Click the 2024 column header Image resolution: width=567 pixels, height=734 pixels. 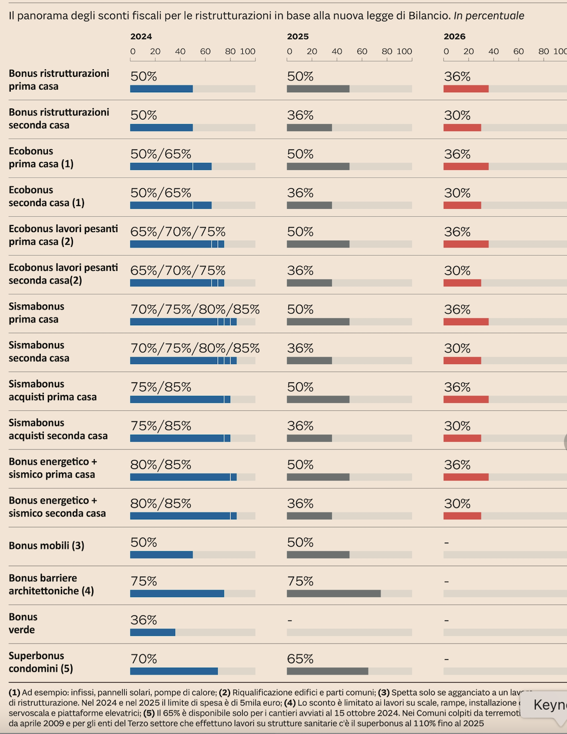tap(141, 36)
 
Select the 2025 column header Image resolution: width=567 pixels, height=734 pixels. tap(298, 36)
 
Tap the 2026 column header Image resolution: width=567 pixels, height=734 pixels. tap(455, 36)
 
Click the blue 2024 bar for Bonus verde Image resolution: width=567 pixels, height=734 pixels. tap(153, 632)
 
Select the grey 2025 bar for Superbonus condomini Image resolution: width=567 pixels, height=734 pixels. tap(327, 671)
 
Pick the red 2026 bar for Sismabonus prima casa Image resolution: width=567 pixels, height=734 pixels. tap(466, 322)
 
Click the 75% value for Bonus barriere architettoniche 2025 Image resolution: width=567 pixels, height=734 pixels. tap(300, 581)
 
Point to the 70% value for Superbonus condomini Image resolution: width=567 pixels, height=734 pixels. tap(144, 659)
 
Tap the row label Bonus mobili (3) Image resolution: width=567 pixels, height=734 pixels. tap(46, 545)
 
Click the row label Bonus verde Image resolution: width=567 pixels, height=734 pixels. tap(22, 623)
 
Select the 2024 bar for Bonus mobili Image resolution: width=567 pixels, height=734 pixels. tap(161, 554)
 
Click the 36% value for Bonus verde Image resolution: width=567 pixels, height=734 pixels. tap(144, 619)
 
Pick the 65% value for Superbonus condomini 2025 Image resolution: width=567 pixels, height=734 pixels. tap(300, 659)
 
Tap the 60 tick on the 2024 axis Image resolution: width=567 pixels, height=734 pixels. tap(205, 51)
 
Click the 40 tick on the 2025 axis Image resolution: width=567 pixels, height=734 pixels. tap(337, 51)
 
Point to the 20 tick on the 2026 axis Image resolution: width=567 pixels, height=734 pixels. tap(469, 51)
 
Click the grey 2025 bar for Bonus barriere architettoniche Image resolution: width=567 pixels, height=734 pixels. tap(333, 594)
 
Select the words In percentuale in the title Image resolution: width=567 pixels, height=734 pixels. tap(489, 16)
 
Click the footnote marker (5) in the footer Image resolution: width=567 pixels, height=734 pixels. tap(149, 713)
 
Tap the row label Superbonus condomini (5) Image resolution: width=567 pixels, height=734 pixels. tap(41, 662)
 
